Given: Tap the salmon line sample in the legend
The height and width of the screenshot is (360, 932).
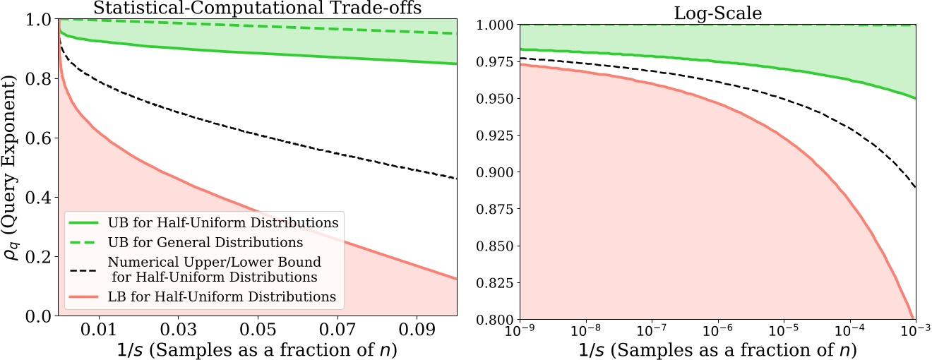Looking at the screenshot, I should point(84,296).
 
